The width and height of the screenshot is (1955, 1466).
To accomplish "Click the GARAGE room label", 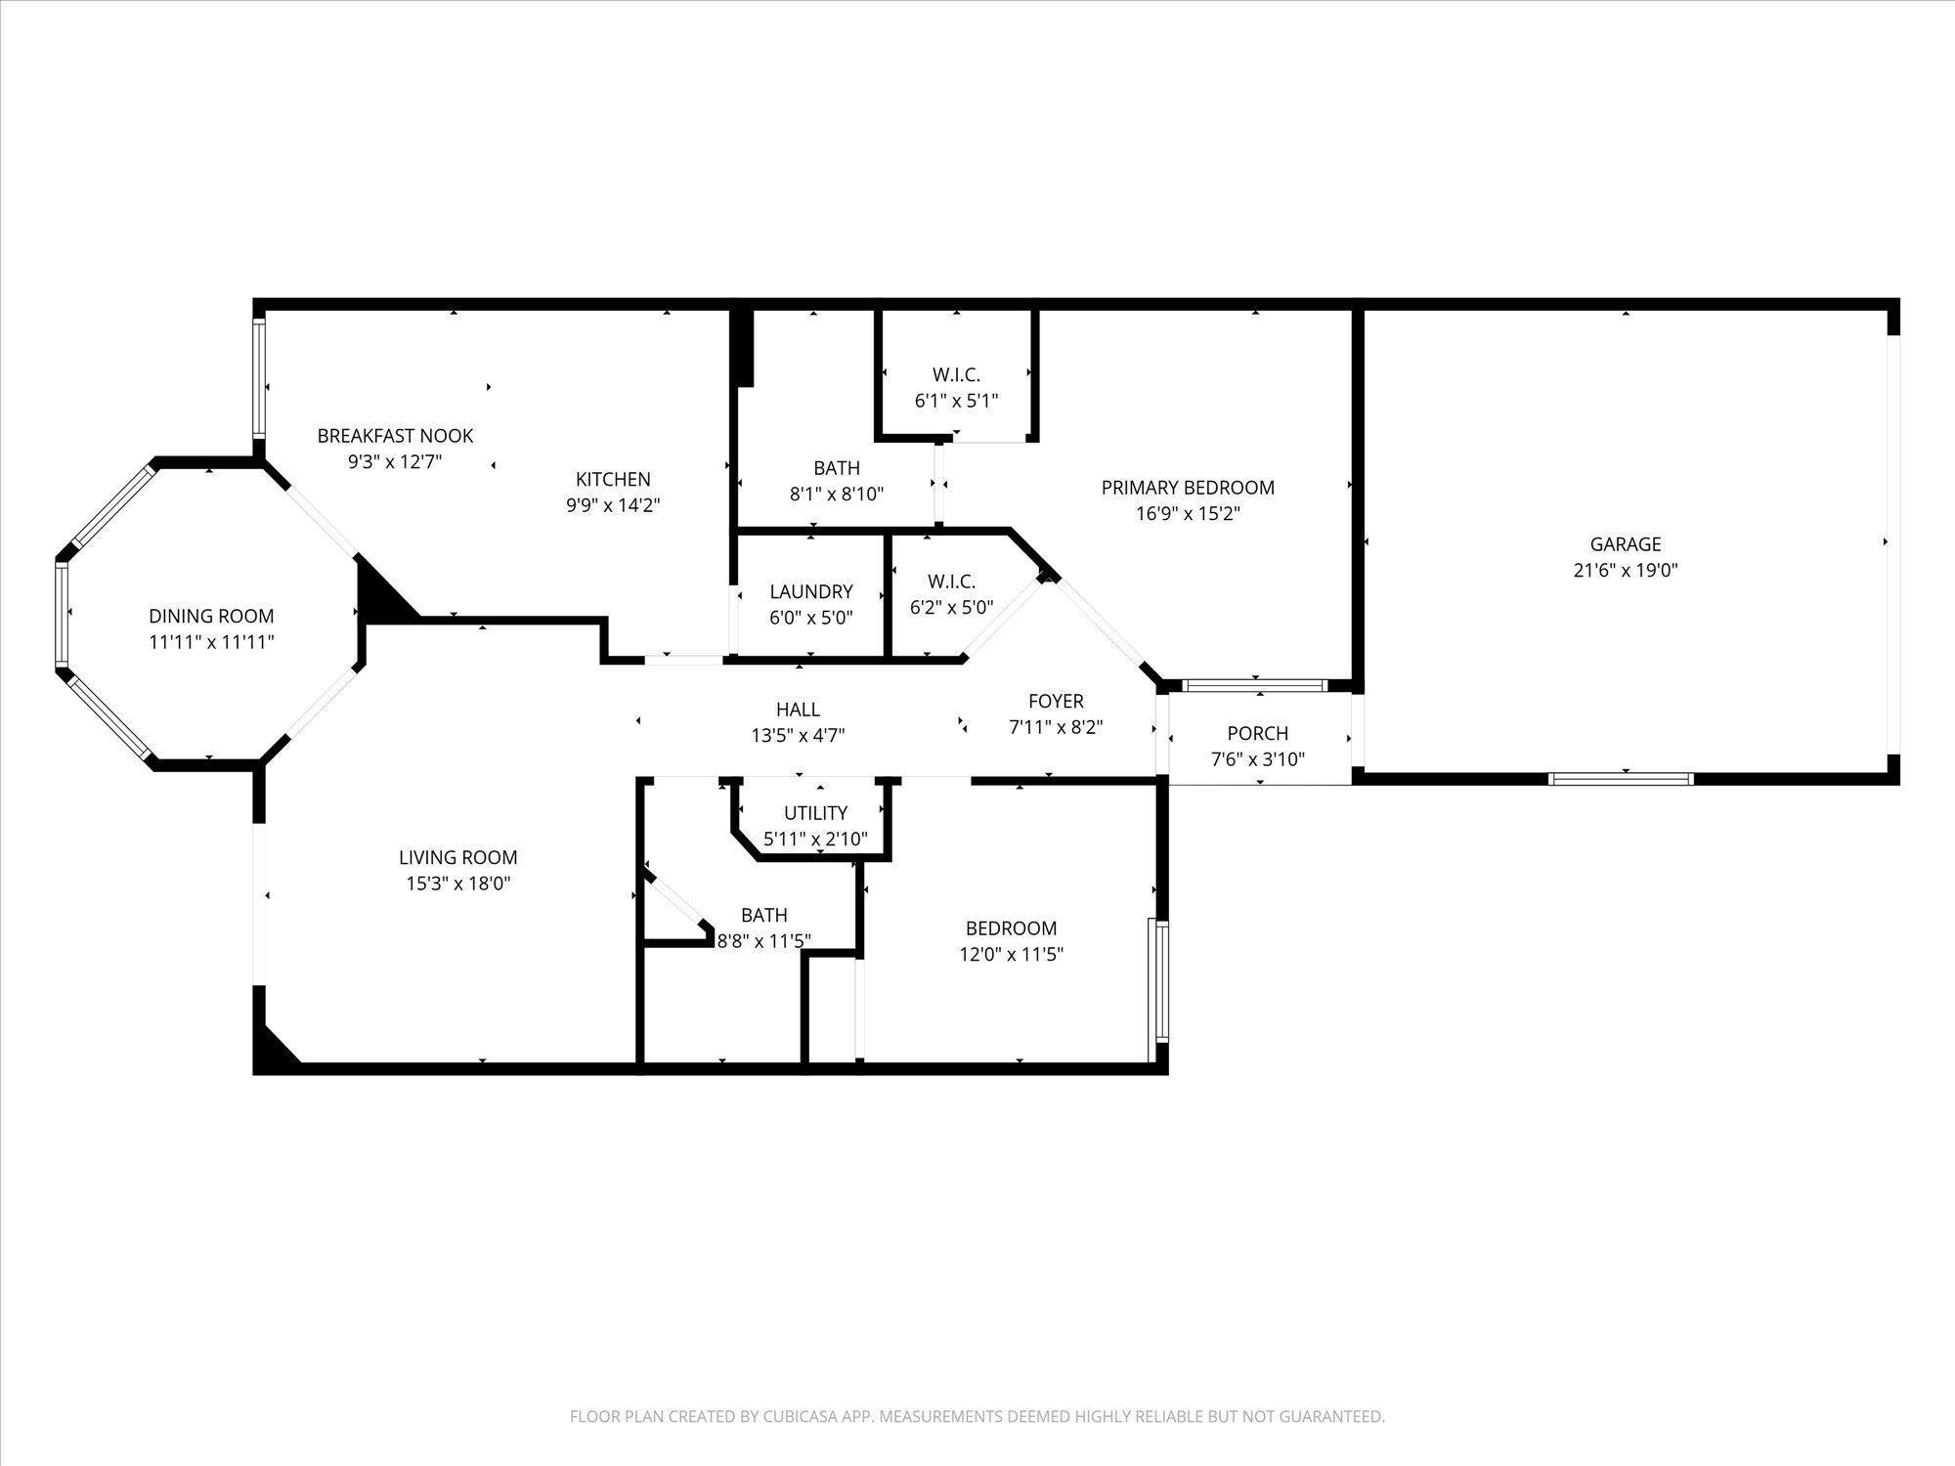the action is pos(1626,544).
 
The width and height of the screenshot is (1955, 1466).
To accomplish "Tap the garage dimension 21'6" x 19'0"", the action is pos(1626,571).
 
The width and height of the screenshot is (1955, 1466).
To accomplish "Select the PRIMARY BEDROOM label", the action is pos(1188,488).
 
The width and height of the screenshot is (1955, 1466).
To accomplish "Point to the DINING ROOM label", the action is pos(211,617).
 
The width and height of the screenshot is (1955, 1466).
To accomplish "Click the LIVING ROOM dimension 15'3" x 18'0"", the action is pos(458,884).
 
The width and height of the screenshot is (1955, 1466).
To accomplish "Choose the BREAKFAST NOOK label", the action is pos(395,436).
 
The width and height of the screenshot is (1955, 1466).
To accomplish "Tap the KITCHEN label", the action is pos(613,479).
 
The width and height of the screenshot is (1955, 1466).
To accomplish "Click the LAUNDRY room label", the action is pos(811,591).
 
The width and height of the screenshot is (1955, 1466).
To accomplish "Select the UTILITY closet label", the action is pos(815,813).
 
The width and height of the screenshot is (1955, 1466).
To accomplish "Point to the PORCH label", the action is pos(1258,733).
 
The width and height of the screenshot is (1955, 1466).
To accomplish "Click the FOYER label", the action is pos(1056,701).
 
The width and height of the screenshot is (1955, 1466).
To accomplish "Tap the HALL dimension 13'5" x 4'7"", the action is pos(798,736).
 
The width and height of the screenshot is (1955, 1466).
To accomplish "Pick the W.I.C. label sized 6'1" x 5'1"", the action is pos(956,374).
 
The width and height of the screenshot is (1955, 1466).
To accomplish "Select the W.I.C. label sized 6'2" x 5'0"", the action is pos(951,582).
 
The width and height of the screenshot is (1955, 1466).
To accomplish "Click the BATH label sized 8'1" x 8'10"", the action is pos(837,468).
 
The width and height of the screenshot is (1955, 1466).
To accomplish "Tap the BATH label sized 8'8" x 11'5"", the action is pos(764,916).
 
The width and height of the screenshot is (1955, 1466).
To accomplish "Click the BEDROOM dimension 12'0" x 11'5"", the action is pos(1012,954).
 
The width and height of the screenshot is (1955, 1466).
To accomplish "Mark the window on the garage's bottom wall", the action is pos(1621,779).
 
